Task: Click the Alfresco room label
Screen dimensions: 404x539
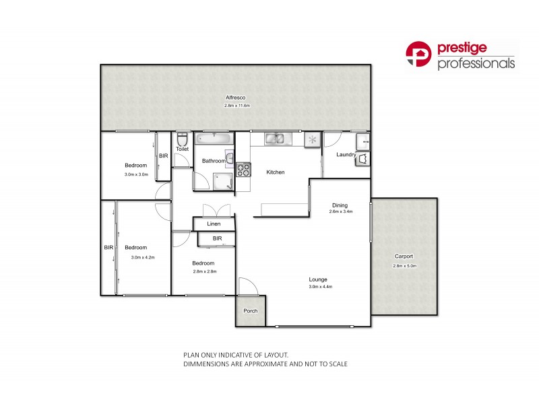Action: point(236,99)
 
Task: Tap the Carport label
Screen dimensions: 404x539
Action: point(404,257)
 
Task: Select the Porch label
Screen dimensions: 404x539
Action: point(251,311)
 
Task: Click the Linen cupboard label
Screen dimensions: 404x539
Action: point(214,224)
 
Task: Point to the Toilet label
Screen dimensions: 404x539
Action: point(181,149)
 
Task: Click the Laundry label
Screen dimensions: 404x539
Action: point(346,156)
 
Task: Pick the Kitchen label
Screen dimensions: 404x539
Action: point(276,172)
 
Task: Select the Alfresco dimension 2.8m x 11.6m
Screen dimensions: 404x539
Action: point(238,106)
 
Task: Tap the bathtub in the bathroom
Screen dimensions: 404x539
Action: point(214,139)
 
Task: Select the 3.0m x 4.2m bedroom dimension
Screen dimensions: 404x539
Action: point(142,257)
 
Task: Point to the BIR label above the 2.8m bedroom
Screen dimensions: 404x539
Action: point(217,239)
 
